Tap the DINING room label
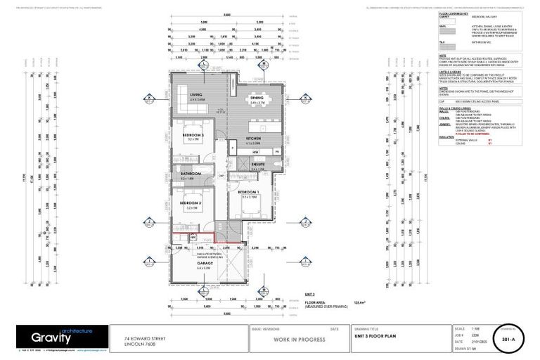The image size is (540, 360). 257,98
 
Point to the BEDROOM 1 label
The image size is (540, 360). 248,191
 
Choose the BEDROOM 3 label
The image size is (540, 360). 193,135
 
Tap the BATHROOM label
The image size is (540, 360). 191,174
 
